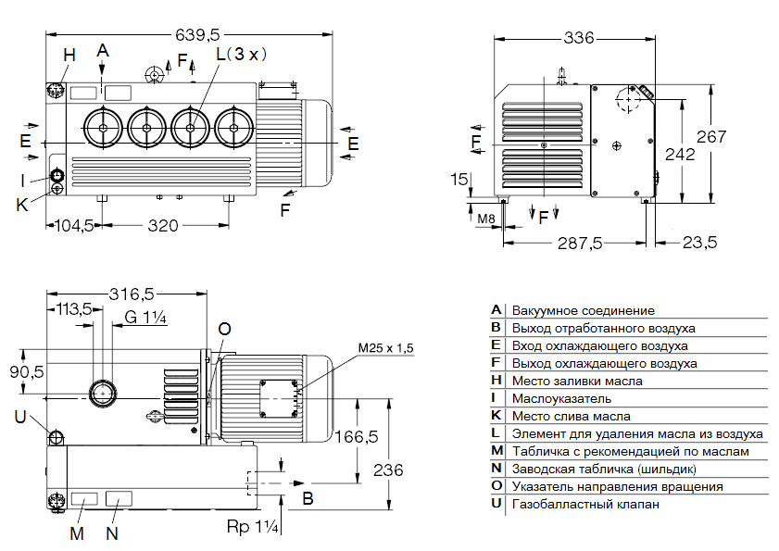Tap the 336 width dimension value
pyautogui.click(x=578, y=38)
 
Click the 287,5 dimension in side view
pyautogui.click(x=577, y=243)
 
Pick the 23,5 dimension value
pyautogui.click(x=699, y=243)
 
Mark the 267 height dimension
pyautogui.click(x=711, y=136)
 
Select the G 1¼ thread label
pyautogui.click(x=144, y=318)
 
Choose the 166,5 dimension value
pyautogui.click(x=357, y=436)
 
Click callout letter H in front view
pyautogui.click(x=69, y=55)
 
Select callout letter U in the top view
pyautogui.click(x=19, y=416)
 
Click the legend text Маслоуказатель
pyautogui.click(x=561, y=398)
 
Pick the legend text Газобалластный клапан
pyautogui.click(x=584, y=504)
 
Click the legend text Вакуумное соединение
pyautogui.click(x=584, y=310)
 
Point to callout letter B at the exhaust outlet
pyautogui.click(x=308, y=497)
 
